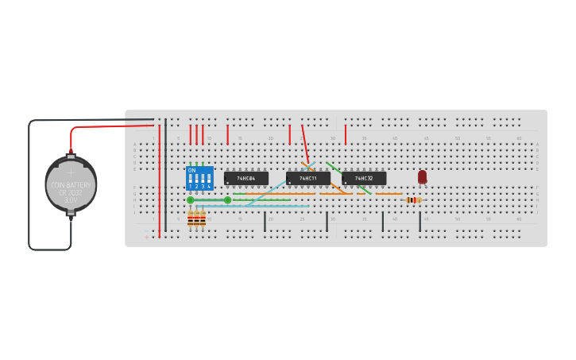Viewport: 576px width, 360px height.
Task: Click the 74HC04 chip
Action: [x=245, y=178]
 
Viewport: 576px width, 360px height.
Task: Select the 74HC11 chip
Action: [x=308, y=178]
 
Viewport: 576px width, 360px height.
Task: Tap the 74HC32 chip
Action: [x=364, y=178]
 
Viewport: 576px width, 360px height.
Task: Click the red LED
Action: [x=422, y=176]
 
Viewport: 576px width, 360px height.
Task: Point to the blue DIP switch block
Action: [x=199, y=177]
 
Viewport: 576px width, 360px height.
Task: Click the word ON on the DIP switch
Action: [x=191, y=170]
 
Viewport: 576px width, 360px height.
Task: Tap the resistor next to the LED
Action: [x=413, y=199]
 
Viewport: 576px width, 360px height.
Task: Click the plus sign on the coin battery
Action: [x=71, y=172]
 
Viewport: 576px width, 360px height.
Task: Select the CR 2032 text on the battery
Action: [x=71, y=192]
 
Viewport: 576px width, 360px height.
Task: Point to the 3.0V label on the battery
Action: [x=71, y=199]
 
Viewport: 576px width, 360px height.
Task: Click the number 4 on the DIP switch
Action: [x=209, y=186]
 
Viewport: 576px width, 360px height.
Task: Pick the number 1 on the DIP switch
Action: [x=191, y=186]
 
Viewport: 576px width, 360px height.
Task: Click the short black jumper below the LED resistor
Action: [x=420, y=221]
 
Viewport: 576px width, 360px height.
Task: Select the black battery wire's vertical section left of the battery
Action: [x=29, y=183]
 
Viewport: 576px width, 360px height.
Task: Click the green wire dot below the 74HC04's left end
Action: [x=228, y=199]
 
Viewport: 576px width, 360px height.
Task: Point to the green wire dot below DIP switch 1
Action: [x=191, y=199]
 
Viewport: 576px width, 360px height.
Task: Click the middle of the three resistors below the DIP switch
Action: [x=197, y=218]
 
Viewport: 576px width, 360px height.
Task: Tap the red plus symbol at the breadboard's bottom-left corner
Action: [x=146, y=236]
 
